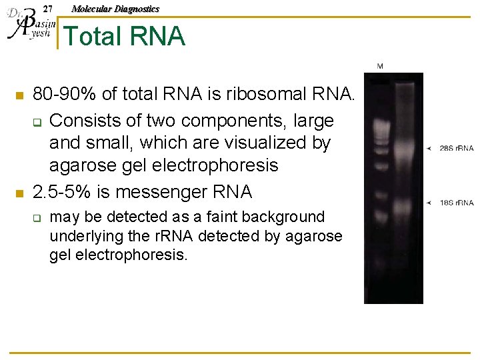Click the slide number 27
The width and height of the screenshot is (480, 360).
[x=47, y=9]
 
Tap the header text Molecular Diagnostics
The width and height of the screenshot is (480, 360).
[x=115, y=9]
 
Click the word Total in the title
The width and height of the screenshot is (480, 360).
[x=93, y=36]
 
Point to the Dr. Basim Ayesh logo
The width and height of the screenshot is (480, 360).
[x=28, y=25]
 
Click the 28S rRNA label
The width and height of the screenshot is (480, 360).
[x=456, y=148]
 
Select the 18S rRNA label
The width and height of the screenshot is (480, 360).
[x=456, y=202]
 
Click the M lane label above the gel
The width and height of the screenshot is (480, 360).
[x=379, y=66]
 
